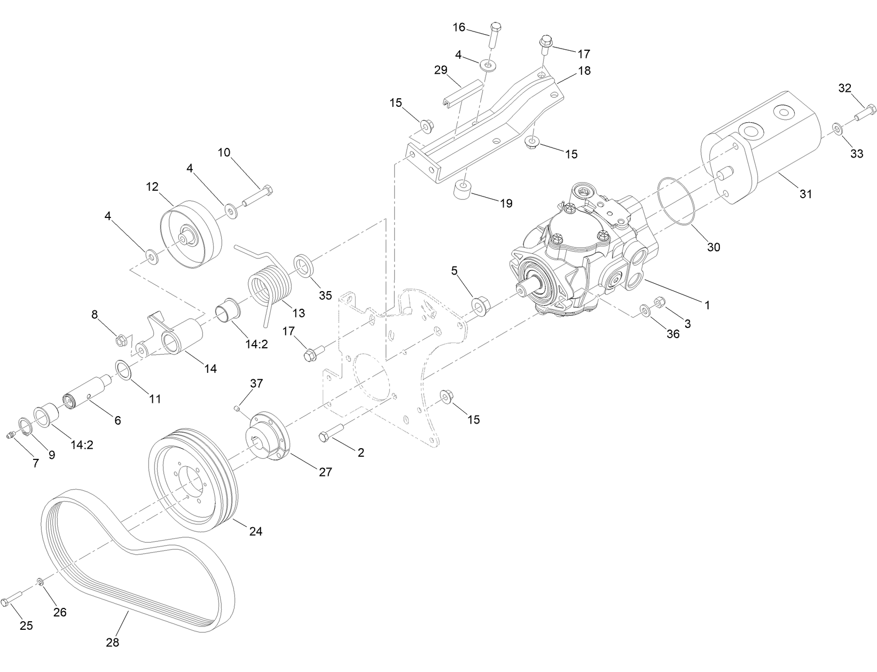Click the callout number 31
[x=805, y=194]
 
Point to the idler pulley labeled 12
[x=191, y=233]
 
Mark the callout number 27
[x=325, y=472]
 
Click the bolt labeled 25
[x=11, y=602]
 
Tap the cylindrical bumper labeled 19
[x=461, y=189]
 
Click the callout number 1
[x=707, y=305]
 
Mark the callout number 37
[x=257, y=384]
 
